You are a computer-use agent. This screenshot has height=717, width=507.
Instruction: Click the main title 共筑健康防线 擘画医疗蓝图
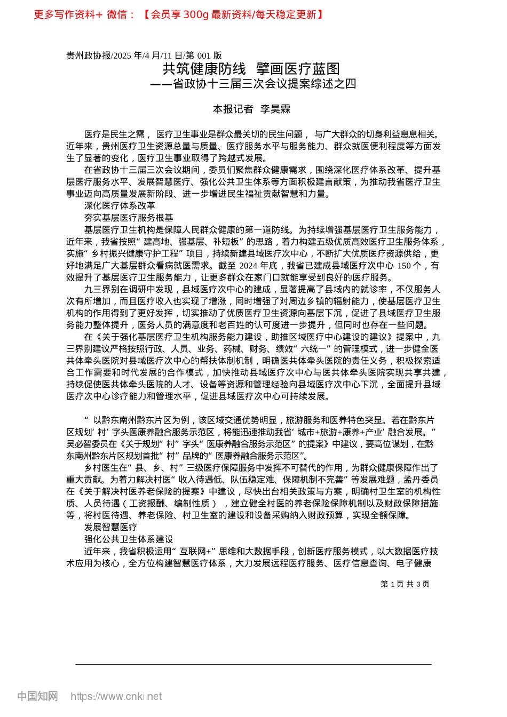tap(251, 69)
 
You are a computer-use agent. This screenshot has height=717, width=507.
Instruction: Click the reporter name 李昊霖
tap(275, 109)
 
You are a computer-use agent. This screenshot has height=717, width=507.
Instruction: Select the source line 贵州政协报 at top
tap(89, 55)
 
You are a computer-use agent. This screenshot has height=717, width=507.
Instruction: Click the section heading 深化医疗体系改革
tap(120, 206)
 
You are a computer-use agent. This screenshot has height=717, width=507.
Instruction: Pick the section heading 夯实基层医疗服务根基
tap(129, 218)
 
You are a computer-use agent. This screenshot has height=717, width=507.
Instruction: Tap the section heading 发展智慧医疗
tap(110, 527)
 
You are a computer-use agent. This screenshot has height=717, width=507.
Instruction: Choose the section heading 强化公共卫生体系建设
tap(129, 539)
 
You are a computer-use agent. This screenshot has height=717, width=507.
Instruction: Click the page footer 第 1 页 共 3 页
tap(405, 584)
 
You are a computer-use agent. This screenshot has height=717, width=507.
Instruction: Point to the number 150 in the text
tap(405, 266)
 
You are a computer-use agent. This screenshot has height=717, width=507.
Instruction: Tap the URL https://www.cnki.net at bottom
tap(116, 696)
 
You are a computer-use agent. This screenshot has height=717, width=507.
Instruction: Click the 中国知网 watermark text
tap(37, 696)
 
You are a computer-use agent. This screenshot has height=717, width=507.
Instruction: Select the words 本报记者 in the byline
tap(233, 109)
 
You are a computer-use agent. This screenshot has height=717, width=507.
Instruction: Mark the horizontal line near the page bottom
tap(253, 664)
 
